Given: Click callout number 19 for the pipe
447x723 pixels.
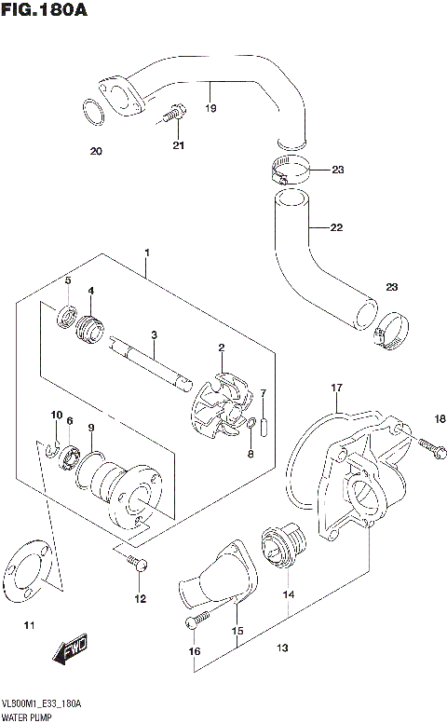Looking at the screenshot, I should [x=211, y=109].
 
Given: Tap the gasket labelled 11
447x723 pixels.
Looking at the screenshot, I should [x=28, y=573].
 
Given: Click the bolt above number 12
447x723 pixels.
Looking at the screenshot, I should [x=136, y=563].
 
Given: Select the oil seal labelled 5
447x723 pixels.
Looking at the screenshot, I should [x=67, y=317].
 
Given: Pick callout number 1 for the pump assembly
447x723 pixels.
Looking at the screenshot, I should [x=146, y=252].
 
